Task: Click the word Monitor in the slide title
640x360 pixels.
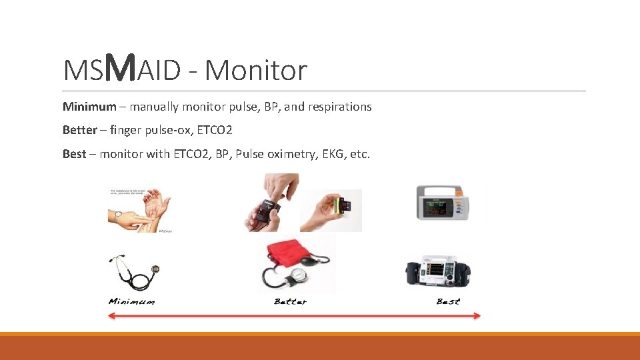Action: click(256, 70)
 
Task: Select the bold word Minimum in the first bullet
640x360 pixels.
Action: click(89, 107)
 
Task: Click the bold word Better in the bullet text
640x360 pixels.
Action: click(79, 130)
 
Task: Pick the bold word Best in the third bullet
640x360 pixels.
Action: click(74, 154)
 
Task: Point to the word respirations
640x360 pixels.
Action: click(339, 107)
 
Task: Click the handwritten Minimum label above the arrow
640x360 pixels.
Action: click(131, 302)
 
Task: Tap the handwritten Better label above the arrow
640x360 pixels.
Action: click(290, 302)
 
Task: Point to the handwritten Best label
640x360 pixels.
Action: click(447, 302)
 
